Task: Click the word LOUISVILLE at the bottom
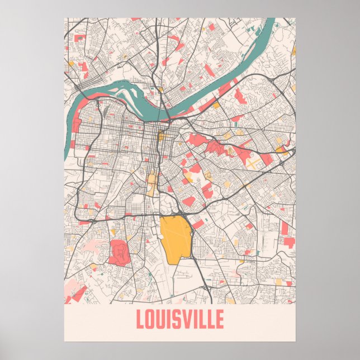[179, 320]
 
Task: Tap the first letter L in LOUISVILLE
[140, 320]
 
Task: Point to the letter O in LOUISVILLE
[151, 320]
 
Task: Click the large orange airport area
[175, 238]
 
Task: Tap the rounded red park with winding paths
[119, 251]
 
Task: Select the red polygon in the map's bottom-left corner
[75, 295]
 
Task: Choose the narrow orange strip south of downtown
[151, 182]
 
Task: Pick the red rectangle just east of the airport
[198, 224]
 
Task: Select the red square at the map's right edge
[289, 242]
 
